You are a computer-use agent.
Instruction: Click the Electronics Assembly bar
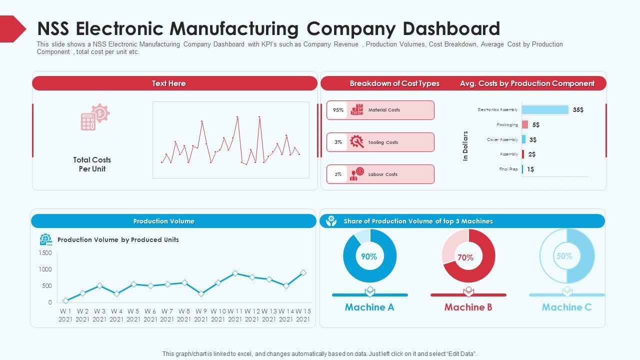tap(545, 110)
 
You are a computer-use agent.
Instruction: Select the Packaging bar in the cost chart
tap(525, 124)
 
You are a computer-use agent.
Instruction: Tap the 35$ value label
tap(578, 110)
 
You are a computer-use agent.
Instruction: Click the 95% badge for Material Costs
tap(338, 110)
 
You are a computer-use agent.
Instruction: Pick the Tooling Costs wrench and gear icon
tap(357, 142)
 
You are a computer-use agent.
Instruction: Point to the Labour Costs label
tap(383, 174)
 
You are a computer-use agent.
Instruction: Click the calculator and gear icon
tap(95, 117)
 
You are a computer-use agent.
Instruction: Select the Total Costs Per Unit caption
tap(92, 164)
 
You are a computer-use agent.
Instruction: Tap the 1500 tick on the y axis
tap(45, 253)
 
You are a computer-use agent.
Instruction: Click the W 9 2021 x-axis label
tap(201, 315)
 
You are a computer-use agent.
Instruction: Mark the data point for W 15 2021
tap(303, 273)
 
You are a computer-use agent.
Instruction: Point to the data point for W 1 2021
tap(65, 300)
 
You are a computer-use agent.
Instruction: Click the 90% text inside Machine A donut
tap(369, 256)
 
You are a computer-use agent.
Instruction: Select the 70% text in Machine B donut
tap(465, 257)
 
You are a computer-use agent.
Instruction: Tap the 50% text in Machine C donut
tap(564, 256)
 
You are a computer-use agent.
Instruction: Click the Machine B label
tap(468, 307)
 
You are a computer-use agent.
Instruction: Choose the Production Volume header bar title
tap(164, 221)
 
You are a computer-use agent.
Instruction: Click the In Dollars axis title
tap(465, 146)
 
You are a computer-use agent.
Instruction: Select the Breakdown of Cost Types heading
tap(394, 83)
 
